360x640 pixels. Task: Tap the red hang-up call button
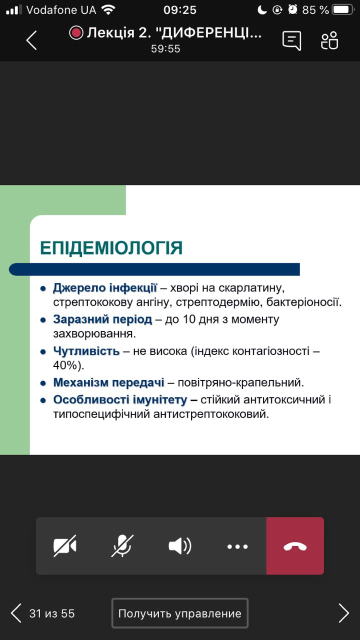point(295,546)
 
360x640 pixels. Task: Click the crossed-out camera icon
point(65,546)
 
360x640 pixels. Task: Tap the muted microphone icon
point(122,546)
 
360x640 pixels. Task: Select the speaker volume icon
point(180,546)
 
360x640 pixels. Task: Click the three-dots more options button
point(237,546)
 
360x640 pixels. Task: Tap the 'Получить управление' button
point(179,613)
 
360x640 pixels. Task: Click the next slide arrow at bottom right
point(343,613)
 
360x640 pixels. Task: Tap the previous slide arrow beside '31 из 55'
point(16,613)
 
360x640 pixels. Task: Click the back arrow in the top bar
point(31,40)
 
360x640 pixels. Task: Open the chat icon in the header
point(291,40)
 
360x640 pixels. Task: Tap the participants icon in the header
point(329,40)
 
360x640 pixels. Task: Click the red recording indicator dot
point(76,33)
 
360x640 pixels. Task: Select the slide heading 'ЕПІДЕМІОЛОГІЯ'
point(111,247)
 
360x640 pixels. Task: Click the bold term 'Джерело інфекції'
point(105,287)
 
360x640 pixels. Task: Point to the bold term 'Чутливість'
point(86,351)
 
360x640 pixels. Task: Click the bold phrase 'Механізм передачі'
point(109,382)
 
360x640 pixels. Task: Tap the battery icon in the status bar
point(343,9)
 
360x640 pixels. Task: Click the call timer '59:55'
point(165,48)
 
